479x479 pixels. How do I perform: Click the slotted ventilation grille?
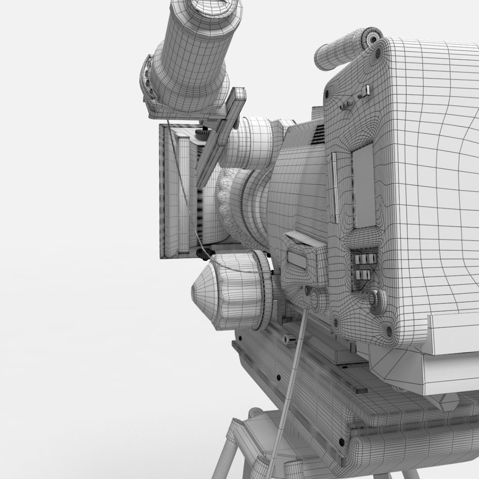(x=318, y=134)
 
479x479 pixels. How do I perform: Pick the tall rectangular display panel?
(x=364, y=185)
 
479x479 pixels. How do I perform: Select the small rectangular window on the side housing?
(x=297, y=259)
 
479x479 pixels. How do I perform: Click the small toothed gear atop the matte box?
(x=202, y=132)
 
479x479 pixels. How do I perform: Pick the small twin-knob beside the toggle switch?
(x=346, y=105)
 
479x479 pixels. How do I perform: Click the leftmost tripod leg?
(x=228, y=448)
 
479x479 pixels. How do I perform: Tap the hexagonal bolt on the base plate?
(x=288, y=340)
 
